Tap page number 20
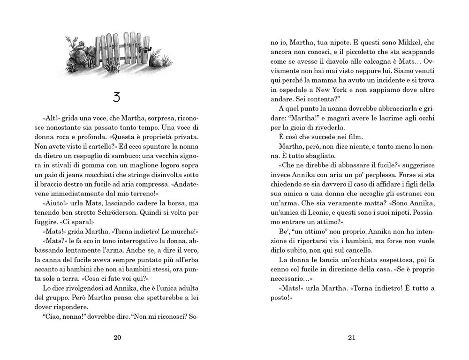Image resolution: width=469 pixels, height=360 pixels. (x=117, y=338)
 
